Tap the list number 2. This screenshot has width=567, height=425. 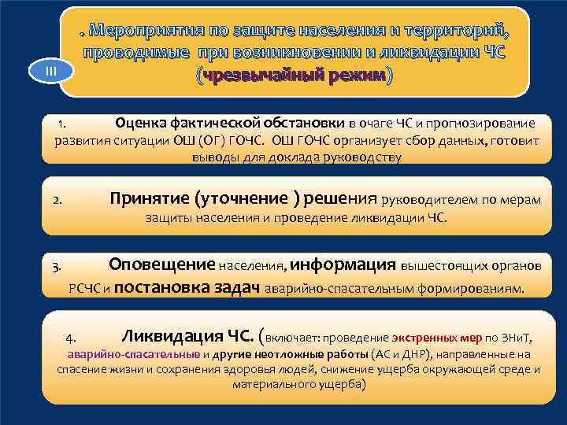click(x=57, y=201)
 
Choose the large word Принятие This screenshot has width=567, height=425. click(x=149, y=199)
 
